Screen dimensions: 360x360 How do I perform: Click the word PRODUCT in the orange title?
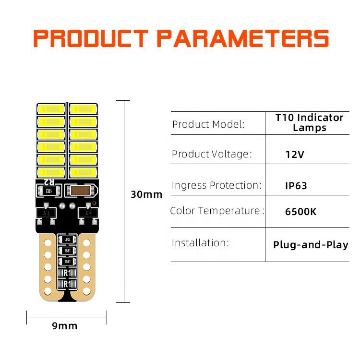91,38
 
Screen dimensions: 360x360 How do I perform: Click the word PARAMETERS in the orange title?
243,38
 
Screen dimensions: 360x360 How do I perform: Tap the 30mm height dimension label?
146,194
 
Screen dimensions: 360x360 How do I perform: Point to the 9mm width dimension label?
65,326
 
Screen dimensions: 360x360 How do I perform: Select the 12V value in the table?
295,155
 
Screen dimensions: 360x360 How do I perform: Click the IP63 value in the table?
296,185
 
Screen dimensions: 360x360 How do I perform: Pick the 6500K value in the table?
300,211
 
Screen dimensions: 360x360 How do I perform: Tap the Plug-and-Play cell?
311,245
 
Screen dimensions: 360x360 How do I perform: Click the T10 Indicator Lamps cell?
310,123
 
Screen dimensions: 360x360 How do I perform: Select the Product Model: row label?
208,124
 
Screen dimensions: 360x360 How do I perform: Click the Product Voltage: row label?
212,154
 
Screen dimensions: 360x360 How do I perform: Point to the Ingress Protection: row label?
216,185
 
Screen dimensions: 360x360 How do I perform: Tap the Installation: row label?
200,242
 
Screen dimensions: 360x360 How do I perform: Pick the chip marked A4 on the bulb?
88,213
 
